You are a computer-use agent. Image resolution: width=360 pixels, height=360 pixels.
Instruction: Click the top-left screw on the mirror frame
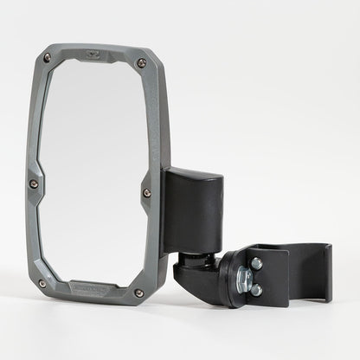(x=48, y=58)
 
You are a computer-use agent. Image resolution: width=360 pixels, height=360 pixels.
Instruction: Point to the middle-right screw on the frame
(x=146, y=191)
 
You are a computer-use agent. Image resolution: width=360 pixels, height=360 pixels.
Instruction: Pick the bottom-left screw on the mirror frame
(x=42, y=282)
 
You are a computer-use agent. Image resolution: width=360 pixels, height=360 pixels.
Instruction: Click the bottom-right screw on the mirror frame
(x=138, y=292)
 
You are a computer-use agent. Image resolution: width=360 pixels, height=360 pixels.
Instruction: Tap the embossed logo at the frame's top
(x=96, y=54)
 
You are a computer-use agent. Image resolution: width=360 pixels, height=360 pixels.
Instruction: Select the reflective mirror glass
(x=90, y=173)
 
